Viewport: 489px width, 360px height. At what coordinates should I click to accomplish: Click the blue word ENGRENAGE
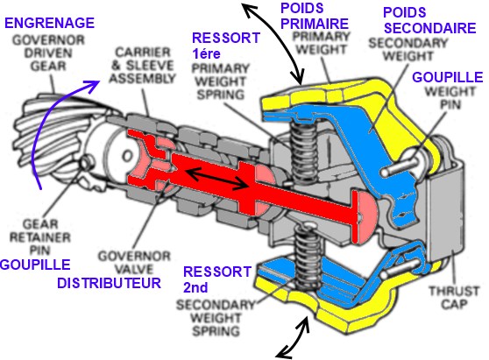50,23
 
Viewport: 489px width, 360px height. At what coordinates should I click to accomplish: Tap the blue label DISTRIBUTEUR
110,283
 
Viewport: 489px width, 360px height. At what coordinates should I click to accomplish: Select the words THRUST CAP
454,297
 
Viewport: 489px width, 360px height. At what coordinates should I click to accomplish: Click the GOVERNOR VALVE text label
134,263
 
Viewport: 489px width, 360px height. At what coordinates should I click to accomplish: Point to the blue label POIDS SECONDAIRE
429,20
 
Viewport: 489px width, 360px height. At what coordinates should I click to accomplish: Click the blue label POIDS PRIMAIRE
315,16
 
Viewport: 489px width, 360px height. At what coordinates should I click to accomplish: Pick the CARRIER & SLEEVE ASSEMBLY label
142,65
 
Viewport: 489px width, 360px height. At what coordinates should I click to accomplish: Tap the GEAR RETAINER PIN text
40,237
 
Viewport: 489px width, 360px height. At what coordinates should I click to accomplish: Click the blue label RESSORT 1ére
226,46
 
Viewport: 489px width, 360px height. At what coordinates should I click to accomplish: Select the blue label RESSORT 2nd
217,279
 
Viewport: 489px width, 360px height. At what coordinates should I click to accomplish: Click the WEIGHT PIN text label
450,98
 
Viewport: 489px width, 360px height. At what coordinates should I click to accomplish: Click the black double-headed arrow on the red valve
217,179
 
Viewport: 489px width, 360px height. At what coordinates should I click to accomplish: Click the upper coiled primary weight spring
304,152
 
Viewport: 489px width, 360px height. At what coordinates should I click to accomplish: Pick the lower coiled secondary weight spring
308,258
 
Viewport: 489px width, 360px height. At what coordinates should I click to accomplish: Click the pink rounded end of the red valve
368,216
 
